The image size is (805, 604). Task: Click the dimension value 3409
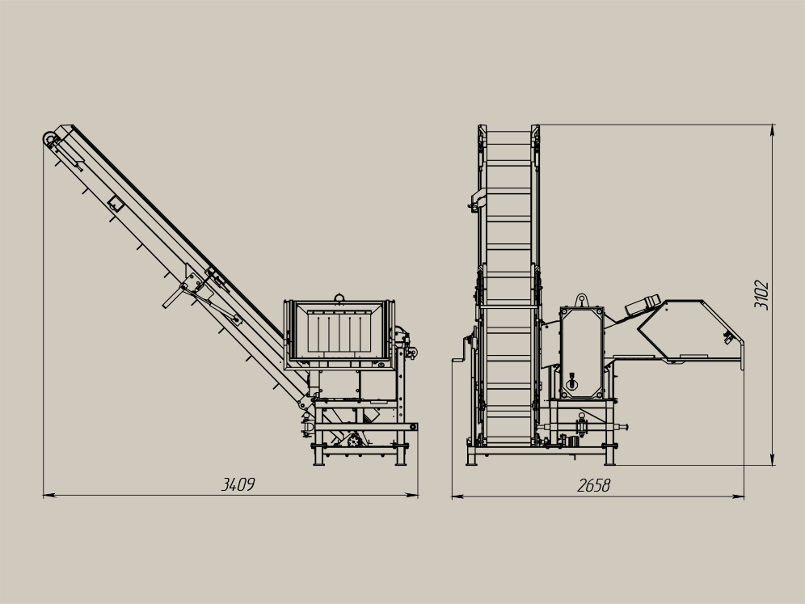[x=238, y=484]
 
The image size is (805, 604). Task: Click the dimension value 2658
[x=593, y=485]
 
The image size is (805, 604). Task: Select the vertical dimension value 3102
[x=761, y=295]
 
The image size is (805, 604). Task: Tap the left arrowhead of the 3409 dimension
[x=48, y=496]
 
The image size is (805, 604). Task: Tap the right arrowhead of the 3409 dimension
[x=411, y=496]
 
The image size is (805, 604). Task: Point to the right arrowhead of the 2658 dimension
[x=738, y=496]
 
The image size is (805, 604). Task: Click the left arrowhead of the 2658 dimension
[x=458, y=496]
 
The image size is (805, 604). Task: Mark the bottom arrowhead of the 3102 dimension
[x=773, y=459]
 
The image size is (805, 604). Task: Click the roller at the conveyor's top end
[x=49, y=138]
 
